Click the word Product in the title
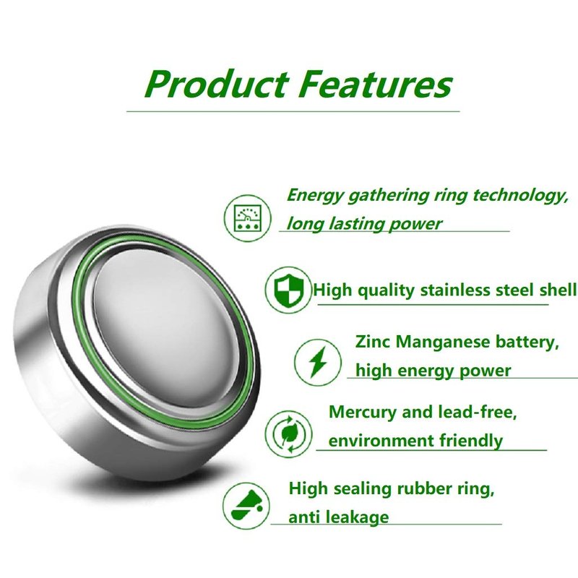point(216,84)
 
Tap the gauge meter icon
point(247,218)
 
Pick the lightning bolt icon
point(317,362)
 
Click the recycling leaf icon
point(288,434)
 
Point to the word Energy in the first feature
point(314,195)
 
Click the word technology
point(520,195)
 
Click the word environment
point(381,441)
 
